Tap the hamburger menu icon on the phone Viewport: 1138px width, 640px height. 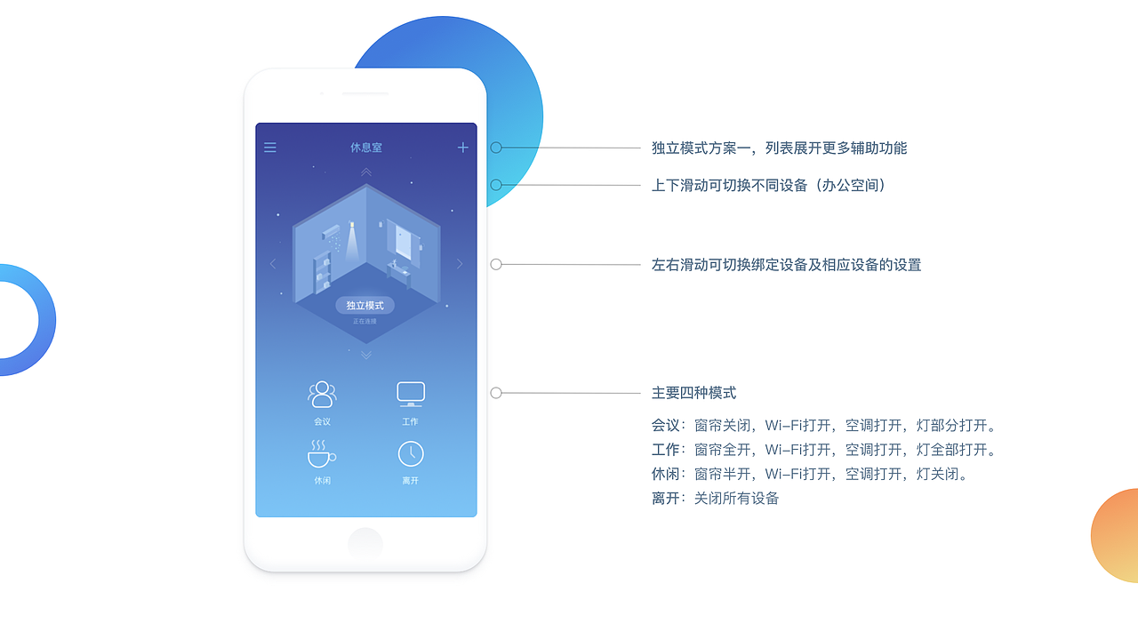pos(270,148)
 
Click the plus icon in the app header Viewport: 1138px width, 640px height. pos(463,148)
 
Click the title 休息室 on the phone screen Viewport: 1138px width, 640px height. pos(365,148)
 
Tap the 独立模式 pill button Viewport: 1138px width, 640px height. pos(365,305)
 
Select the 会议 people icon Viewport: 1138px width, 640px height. pos(322,394)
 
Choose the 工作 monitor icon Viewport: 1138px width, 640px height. pos(410,394)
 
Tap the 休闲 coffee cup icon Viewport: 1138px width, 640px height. pos(321,453)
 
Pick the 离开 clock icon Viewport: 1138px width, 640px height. pos(410,453)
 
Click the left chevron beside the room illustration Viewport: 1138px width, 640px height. pos(273,263)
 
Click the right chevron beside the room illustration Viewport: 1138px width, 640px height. pos(460,263)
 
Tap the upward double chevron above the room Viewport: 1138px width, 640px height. pos(366,172)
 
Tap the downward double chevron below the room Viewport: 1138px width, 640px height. pos(366,356)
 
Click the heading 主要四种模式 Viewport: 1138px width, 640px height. pos(693,393)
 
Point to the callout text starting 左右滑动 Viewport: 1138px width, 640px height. pos(786,265)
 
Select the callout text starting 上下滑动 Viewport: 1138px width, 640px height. pos(768,185)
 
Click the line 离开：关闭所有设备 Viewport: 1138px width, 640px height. pos(715,498)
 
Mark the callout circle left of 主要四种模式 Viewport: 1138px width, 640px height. pos(496,393)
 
